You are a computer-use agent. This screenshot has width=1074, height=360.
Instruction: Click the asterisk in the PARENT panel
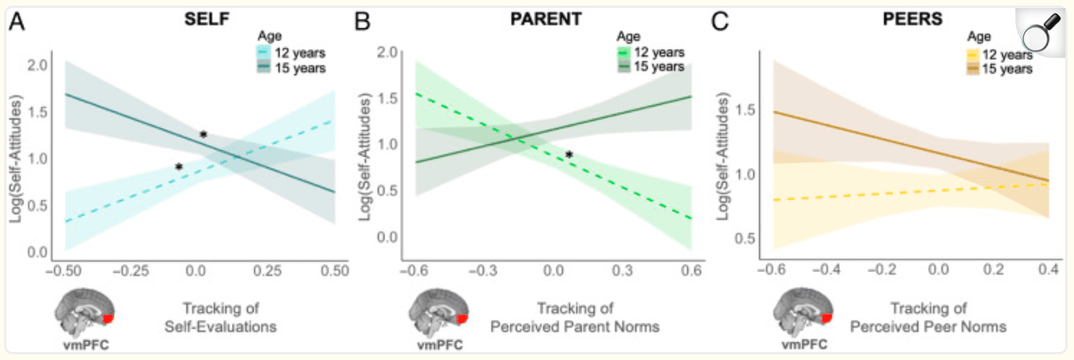coord(569,155)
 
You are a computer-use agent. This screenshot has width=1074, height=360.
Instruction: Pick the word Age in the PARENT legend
coord(628,36)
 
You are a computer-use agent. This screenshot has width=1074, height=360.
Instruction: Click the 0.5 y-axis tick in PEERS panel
coord(746,238)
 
